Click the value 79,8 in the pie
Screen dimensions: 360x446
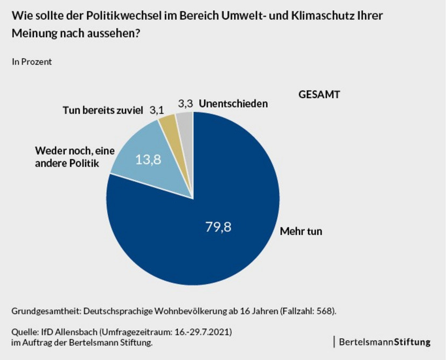pyautogui.click(x=218, y=227)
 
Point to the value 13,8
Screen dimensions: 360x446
pyautogui.click(x=148, y=160)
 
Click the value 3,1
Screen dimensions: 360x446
pyautogui.click(x=156, y=110)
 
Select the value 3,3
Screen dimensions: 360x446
pyautogui.click(x=185, y=103)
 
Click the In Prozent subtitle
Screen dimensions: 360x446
pyautogui.click(x=32, y=61)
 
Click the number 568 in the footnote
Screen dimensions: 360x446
pyautogui.click(x=327, y=311)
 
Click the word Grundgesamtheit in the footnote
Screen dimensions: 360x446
pyautogui.click(x=45, y=311)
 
